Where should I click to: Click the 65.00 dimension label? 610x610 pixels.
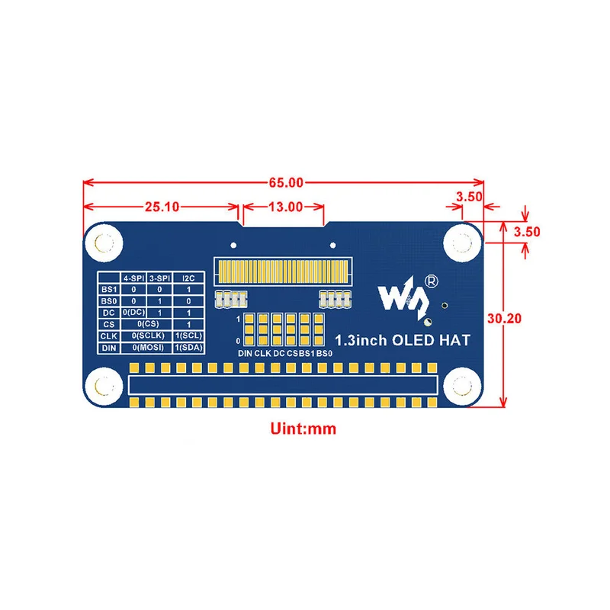tap(286, 182)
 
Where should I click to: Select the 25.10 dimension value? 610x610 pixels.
tap(162, 207)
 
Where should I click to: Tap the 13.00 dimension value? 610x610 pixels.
tap(285, 207)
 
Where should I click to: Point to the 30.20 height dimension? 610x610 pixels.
tap(504, 318)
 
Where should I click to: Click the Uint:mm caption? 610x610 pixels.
tap(303, 429)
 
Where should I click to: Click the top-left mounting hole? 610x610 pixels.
tap(104, 243)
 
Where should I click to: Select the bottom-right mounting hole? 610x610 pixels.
tap(462, 387)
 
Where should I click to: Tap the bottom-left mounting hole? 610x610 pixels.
tap(104, 387)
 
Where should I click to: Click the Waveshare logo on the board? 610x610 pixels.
tap(404, 297)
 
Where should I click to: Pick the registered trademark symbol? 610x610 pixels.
tap(431, 281)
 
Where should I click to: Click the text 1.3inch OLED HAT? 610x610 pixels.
tap(403, 340)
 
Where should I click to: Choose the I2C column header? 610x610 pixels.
tap(188, 278)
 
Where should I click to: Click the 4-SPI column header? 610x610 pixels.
tap(133, 278)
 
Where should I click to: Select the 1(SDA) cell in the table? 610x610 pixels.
tap(188, 348)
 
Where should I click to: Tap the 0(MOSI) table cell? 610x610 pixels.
tap(148, 348)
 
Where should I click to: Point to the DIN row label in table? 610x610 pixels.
tap(109, 348)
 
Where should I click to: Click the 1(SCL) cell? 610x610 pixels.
tap(188, 335)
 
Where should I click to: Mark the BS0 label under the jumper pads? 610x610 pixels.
tap(325, 353)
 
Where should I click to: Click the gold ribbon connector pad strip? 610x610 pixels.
tap(283, 271)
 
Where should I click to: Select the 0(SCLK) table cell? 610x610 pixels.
tap(148, 335)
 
